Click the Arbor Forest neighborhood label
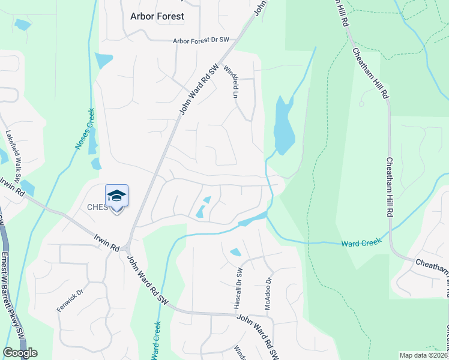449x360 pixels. (x=157, y=16)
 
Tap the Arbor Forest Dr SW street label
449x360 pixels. (x=200, y=41)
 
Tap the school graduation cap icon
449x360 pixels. (x=117, y=196)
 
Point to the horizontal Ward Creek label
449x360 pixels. (x=361, y=243)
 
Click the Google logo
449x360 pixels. (x=20, y=353)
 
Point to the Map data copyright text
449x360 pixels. (x=424, y=355)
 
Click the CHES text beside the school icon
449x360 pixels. (x=97, y=208)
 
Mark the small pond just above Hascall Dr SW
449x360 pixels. (x=236, y=252)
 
